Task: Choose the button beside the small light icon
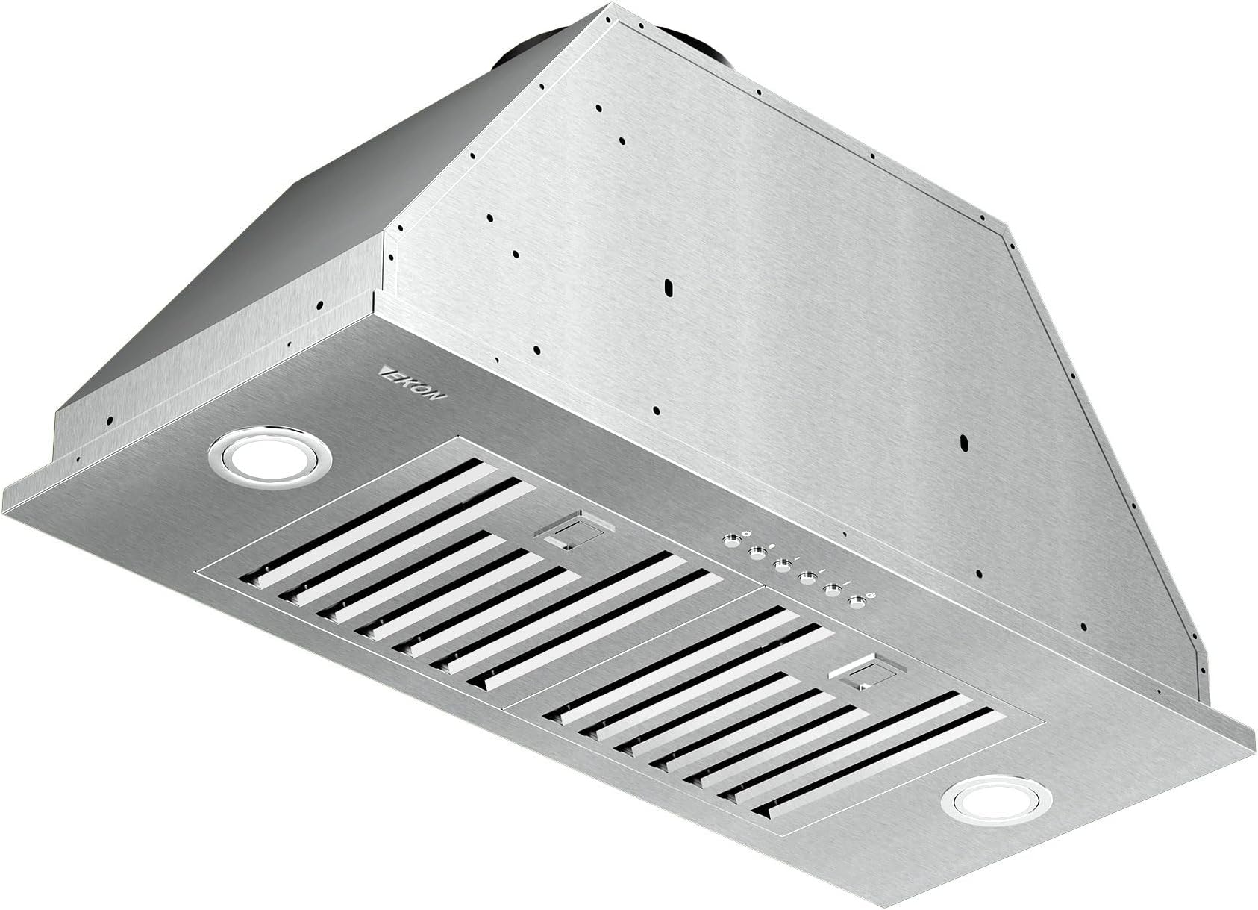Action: [x=757, y=554]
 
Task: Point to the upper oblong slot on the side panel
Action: [x=669, y=287]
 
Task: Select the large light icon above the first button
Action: [x=746, y=533]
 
